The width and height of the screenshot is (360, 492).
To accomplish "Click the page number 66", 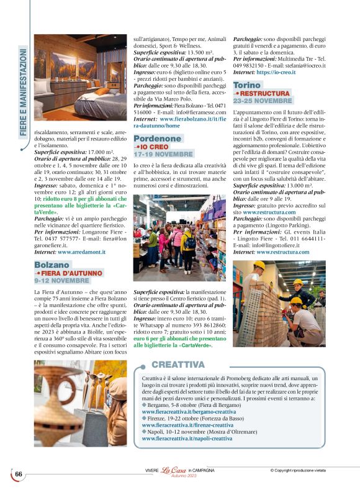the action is tap(19, 474).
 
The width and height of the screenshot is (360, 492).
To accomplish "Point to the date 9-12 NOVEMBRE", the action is tap(63, 281).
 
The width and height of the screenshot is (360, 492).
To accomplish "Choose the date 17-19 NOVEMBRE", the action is tap(163, 153).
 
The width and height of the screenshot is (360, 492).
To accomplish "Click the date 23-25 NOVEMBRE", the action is tap(263, 101).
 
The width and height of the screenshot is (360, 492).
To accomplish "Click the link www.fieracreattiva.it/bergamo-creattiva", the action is tap(187, 412).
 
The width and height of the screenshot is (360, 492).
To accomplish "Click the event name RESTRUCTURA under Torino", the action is tap(264, 93).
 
